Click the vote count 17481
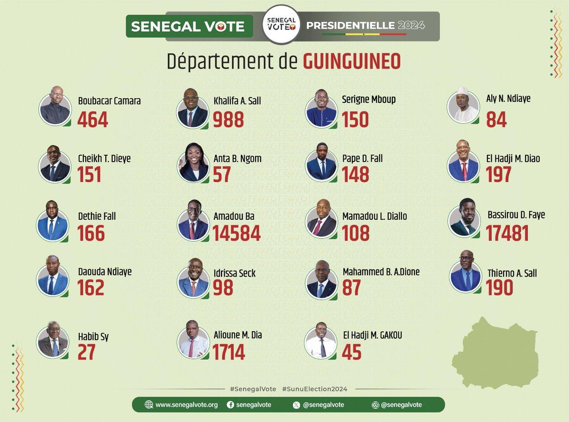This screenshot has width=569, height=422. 507,233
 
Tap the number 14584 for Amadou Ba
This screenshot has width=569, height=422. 236,233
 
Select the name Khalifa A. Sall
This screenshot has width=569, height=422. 237,101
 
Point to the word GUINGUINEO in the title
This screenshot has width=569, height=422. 352,62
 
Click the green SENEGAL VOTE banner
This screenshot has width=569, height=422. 188,26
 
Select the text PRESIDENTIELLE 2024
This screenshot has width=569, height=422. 366,25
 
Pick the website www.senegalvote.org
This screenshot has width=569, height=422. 186,404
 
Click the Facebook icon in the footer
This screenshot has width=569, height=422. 230,404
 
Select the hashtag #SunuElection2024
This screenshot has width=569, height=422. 314,389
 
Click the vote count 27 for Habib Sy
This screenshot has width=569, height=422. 86,352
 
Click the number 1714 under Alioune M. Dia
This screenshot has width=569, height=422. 229,352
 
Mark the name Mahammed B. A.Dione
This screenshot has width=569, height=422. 381,272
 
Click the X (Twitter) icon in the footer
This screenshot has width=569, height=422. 297,404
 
